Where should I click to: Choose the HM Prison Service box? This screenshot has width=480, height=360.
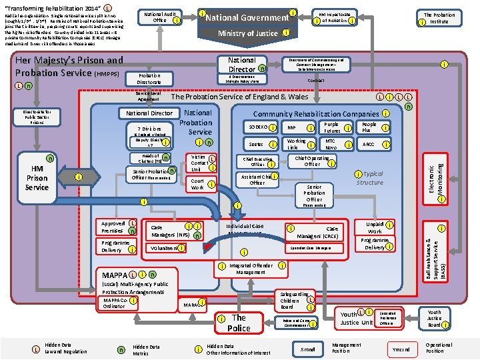37,178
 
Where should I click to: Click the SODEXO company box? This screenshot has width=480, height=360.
259,127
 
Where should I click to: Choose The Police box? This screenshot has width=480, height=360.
239,323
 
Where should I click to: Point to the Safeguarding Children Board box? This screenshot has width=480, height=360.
296,301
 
